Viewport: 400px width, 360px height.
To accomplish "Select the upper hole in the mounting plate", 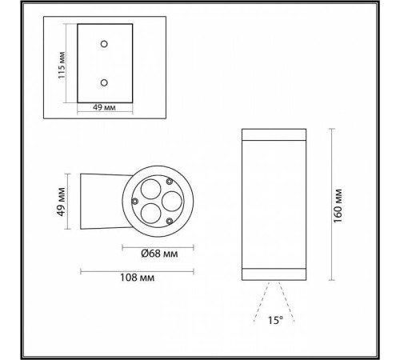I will tap(102, 42).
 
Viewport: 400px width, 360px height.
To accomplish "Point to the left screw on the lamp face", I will tap(136, 200).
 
